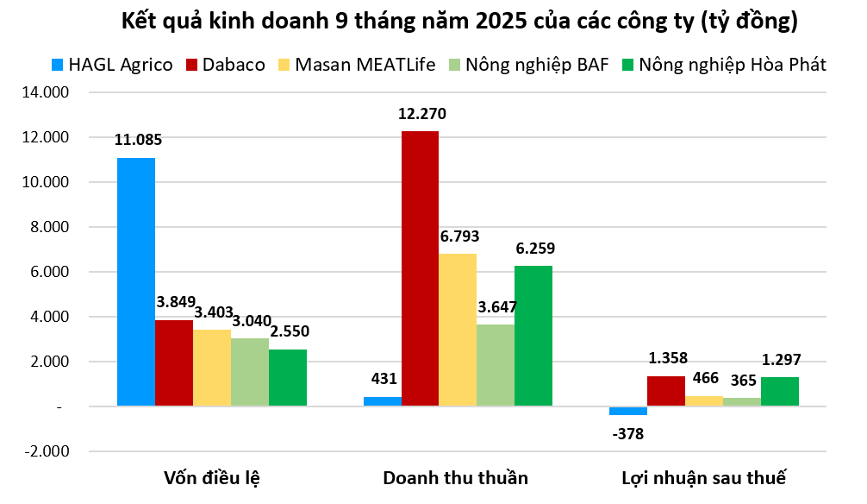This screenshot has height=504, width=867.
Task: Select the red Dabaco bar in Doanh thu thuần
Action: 420,268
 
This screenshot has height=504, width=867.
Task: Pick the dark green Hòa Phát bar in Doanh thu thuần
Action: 533,336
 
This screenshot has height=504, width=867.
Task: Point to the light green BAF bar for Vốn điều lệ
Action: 250,372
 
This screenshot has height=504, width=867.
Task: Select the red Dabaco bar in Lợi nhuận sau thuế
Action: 666,391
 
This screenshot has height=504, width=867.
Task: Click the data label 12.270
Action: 422,113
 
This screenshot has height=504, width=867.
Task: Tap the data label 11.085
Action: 138,139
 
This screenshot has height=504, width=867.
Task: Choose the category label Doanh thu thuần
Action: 456,478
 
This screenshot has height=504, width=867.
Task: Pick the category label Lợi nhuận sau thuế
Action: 704,478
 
